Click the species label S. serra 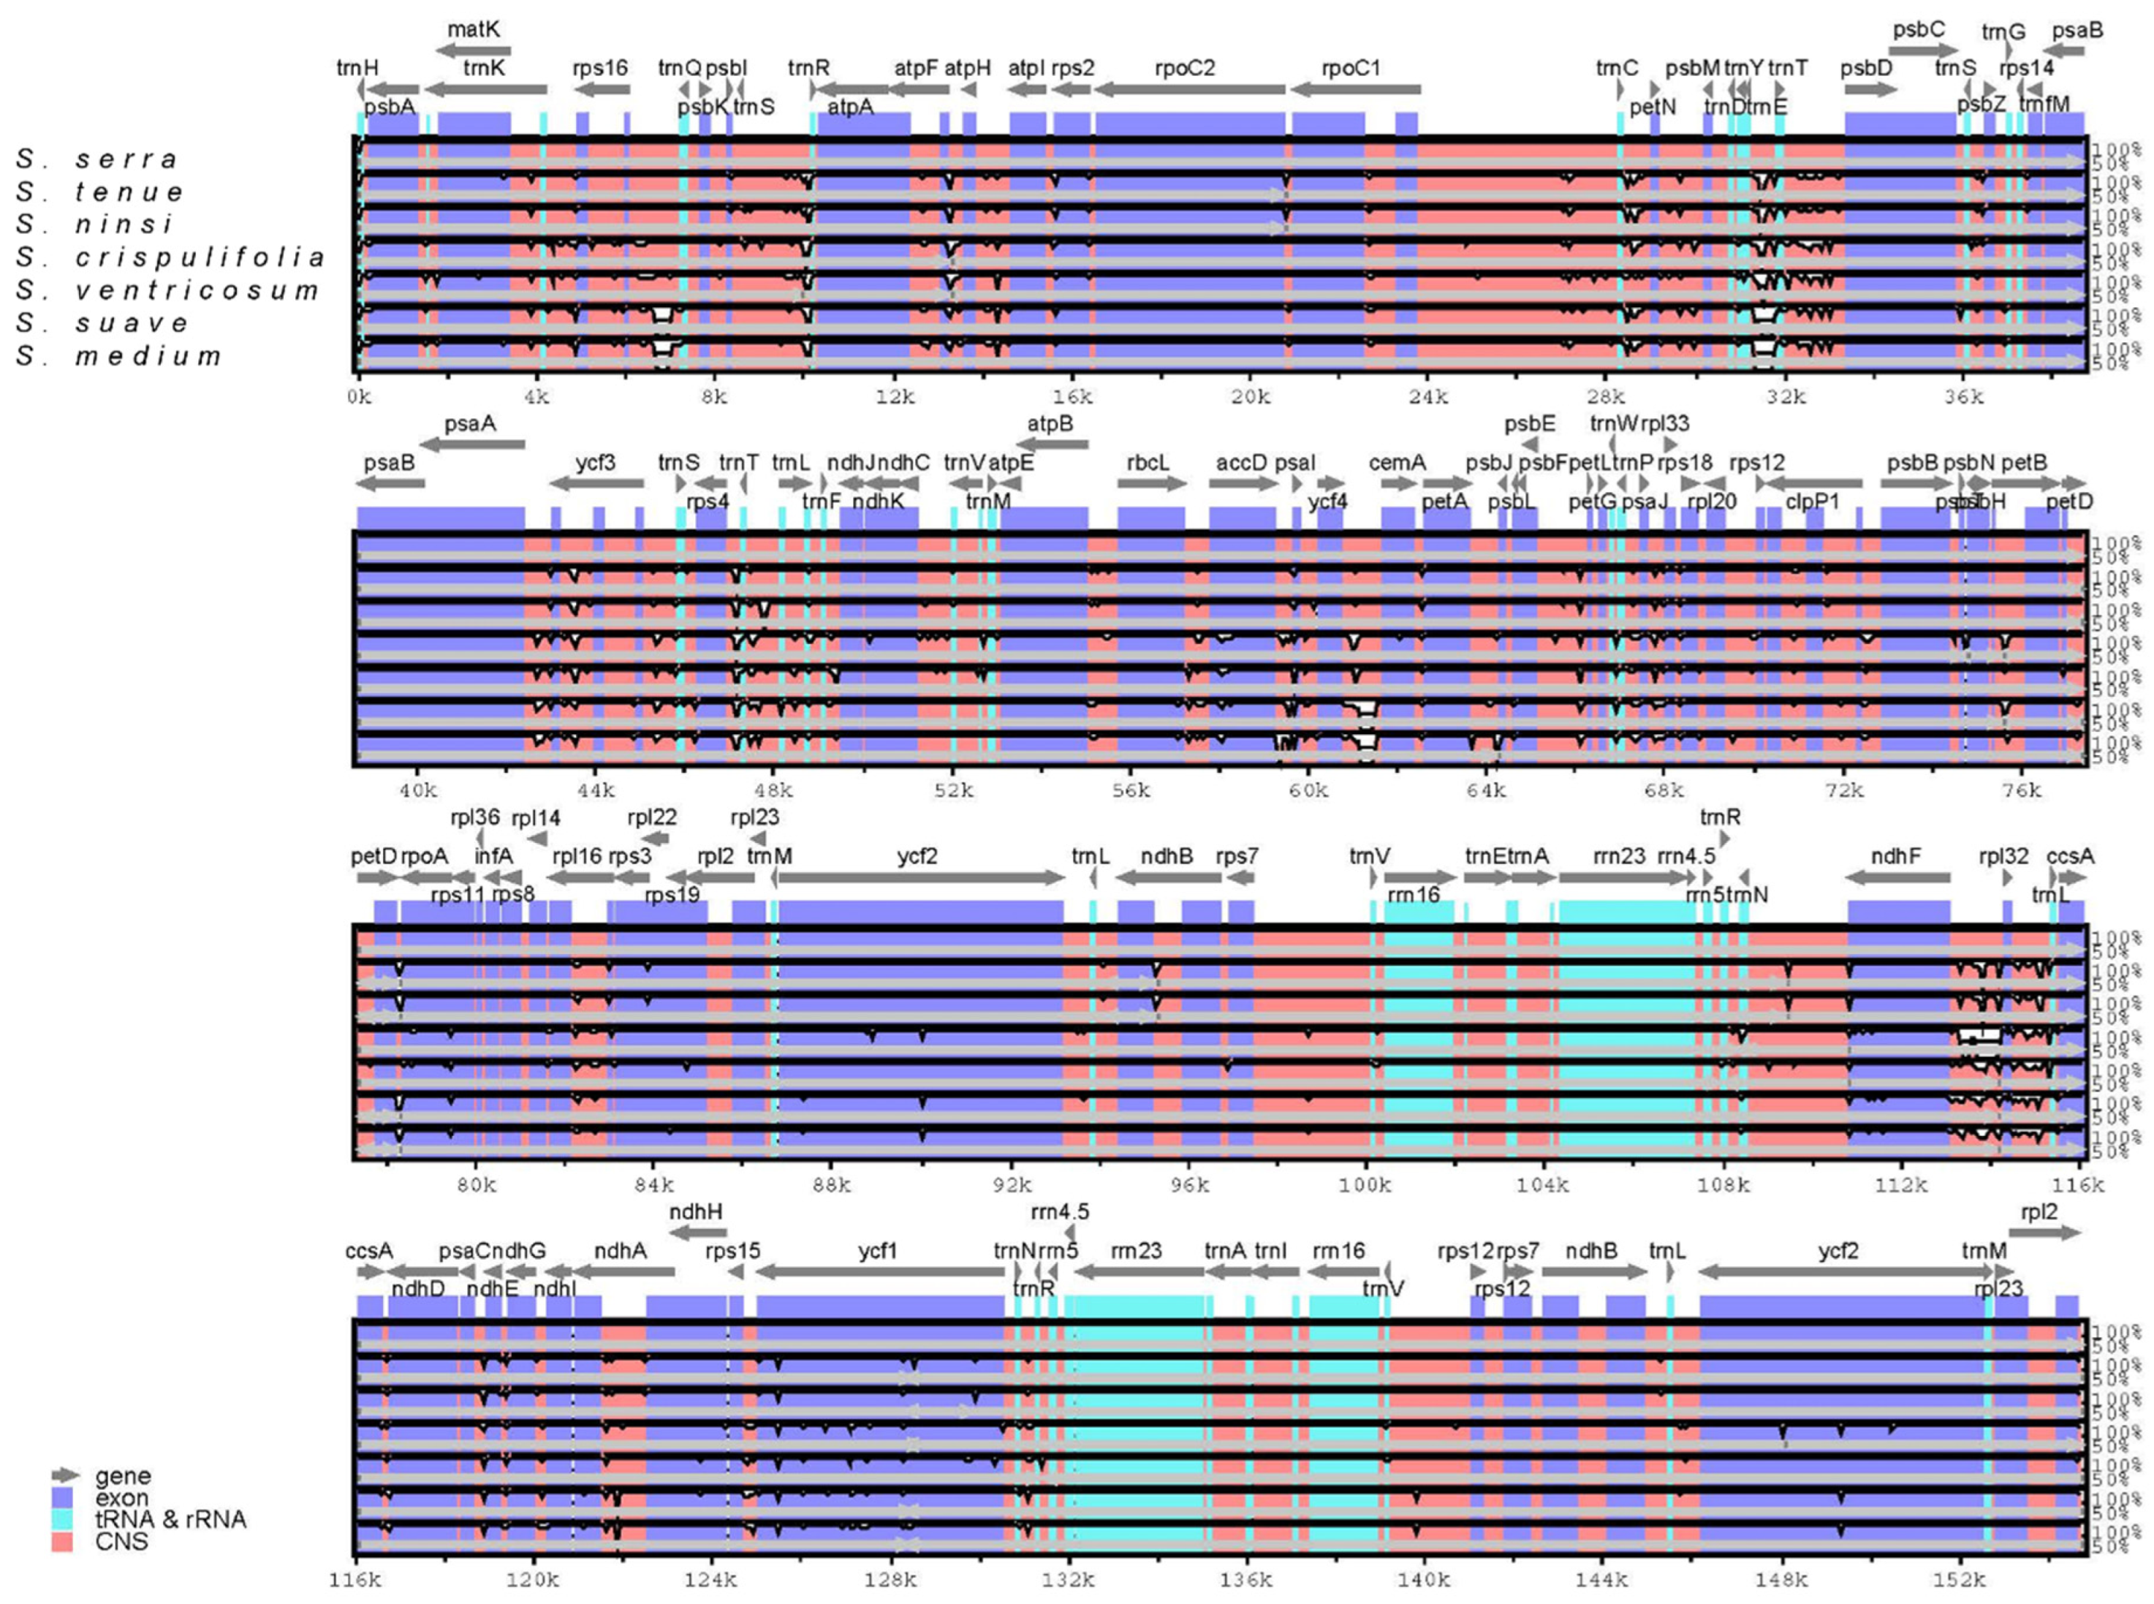[x=97, y=158]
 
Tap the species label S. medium [x=118, y=355]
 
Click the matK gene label [x=473, y=29]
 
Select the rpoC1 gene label [x=1350, y=68]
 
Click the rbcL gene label [x=1148, y=462]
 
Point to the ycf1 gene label [x=878, y=1251]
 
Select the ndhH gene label [x=696, y=1211]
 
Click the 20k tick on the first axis [x=1251, y=396]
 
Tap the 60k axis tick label [x=1308, y=790]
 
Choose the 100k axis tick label [x=1365, y=1184]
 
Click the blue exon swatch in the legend [x=62, y=1498]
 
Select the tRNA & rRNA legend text [x=170, y=1519]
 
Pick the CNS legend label [x=121, y=1542]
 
